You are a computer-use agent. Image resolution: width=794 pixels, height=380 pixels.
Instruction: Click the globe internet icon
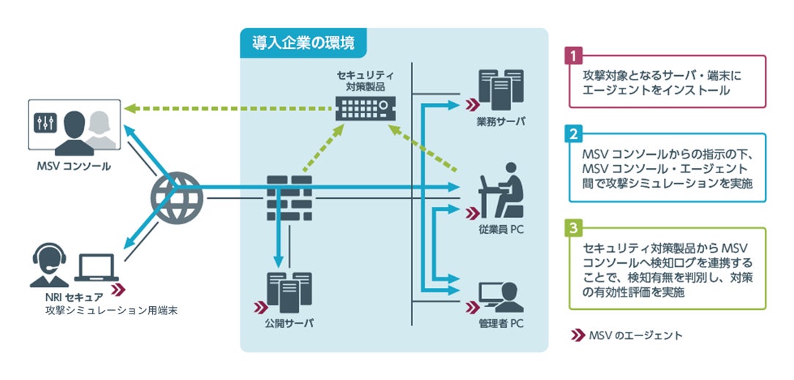(x=177, y=198)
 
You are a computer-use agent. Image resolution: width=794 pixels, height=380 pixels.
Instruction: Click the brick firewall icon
(x=289, y=198)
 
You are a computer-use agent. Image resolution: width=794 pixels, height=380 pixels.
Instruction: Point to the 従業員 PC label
(x=501, y=229)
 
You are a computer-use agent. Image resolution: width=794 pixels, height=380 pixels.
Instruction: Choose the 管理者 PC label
(x=501, y=323)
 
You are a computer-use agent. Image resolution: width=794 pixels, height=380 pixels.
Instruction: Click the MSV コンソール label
(x=73, y=166)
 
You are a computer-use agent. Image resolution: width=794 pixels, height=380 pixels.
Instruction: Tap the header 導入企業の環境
(x=303, y=42)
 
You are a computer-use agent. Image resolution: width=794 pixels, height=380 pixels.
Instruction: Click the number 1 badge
(x=572, y=56)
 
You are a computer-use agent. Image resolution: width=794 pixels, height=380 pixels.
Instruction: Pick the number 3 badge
(x=572, y=228)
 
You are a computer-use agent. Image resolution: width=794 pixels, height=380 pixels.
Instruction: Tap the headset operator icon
(x=49, y=266)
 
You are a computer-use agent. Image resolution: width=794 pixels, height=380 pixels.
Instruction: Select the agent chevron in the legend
(x=578, y=335)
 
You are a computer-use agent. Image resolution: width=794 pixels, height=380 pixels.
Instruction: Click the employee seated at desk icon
(x=501, y=190)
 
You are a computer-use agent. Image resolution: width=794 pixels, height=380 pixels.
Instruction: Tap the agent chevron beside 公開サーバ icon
(x=261, y=307)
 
